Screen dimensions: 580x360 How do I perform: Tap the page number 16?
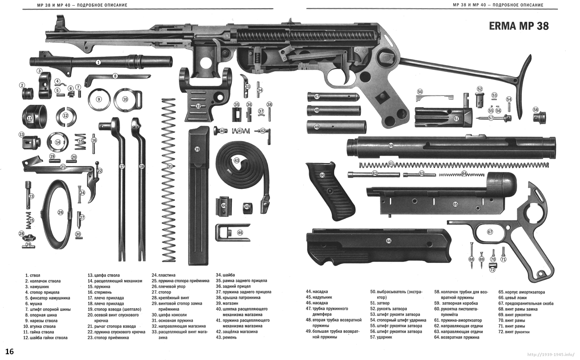coord(9,351)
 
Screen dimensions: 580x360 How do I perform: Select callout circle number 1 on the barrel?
coord(98,62)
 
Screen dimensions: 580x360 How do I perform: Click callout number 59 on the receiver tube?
coord(391,145)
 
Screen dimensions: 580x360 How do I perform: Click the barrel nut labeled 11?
coord(34,117)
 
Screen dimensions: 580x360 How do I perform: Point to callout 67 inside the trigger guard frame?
coord(490,232)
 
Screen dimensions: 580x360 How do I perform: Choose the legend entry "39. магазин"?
coord(227,303)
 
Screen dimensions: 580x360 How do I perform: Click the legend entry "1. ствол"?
coord(33,275)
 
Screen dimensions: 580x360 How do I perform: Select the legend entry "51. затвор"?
coord(380,303)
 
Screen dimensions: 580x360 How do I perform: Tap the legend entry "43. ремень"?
coord(226,338)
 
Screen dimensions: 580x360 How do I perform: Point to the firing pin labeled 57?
coord(494,118)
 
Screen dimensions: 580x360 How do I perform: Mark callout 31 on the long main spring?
coord(170,166)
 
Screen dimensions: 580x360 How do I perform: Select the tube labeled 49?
coord(337,127)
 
